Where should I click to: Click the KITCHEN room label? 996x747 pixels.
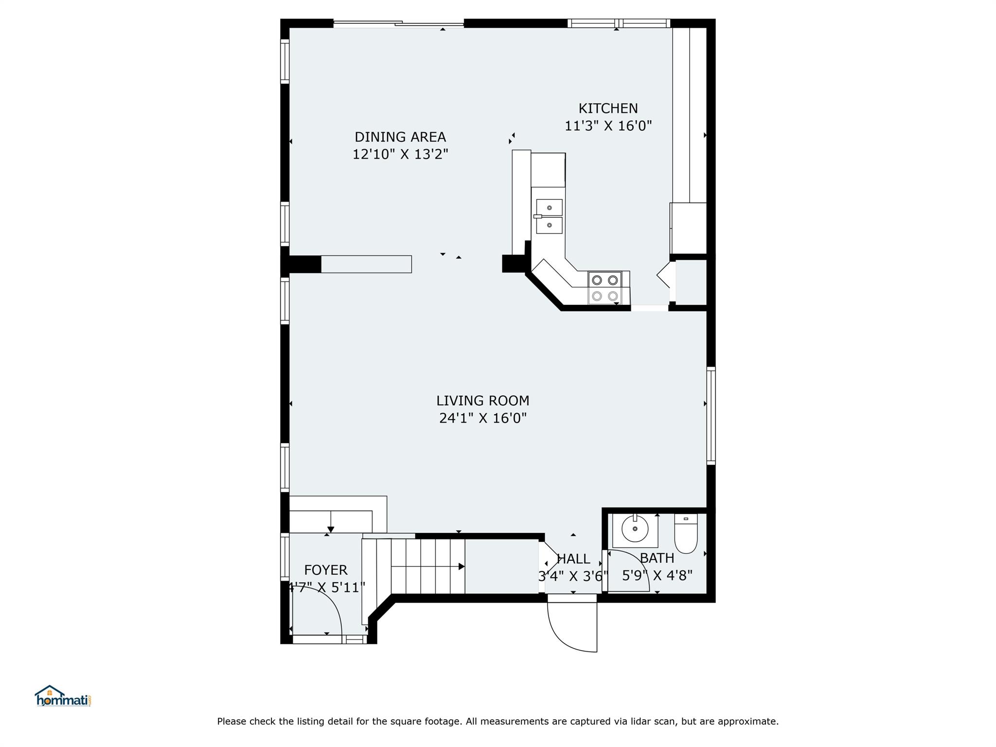pos(608,108)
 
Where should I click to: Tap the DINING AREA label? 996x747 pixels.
pos(400,137)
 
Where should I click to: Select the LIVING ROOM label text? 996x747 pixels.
pos(482,401)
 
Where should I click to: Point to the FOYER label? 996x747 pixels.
pos(326,570)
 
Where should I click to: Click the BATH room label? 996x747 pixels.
pos(657,558)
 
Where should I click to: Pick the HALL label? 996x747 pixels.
pos(573,559)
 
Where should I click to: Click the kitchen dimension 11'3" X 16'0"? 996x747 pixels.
pos(608,126)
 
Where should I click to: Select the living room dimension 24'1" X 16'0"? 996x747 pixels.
pos(483,418)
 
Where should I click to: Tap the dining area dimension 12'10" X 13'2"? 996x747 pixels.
pos(400,154)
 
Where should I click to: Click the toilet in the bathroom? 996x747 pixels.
pos(686,534)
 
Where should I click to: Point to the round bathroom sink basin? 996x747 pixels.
pos(635,528)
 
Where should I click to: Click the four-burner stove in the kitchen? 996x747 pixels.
pos(605,288)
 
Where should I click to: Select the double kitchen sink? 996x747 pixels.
pos(549,216)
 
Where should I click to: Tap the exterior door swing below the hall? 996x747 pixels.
pos(572,627)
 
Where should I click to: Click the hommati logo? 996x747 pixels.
pos(63,696)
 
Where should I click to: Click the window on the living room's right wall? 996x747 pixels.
pos(711,416)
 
